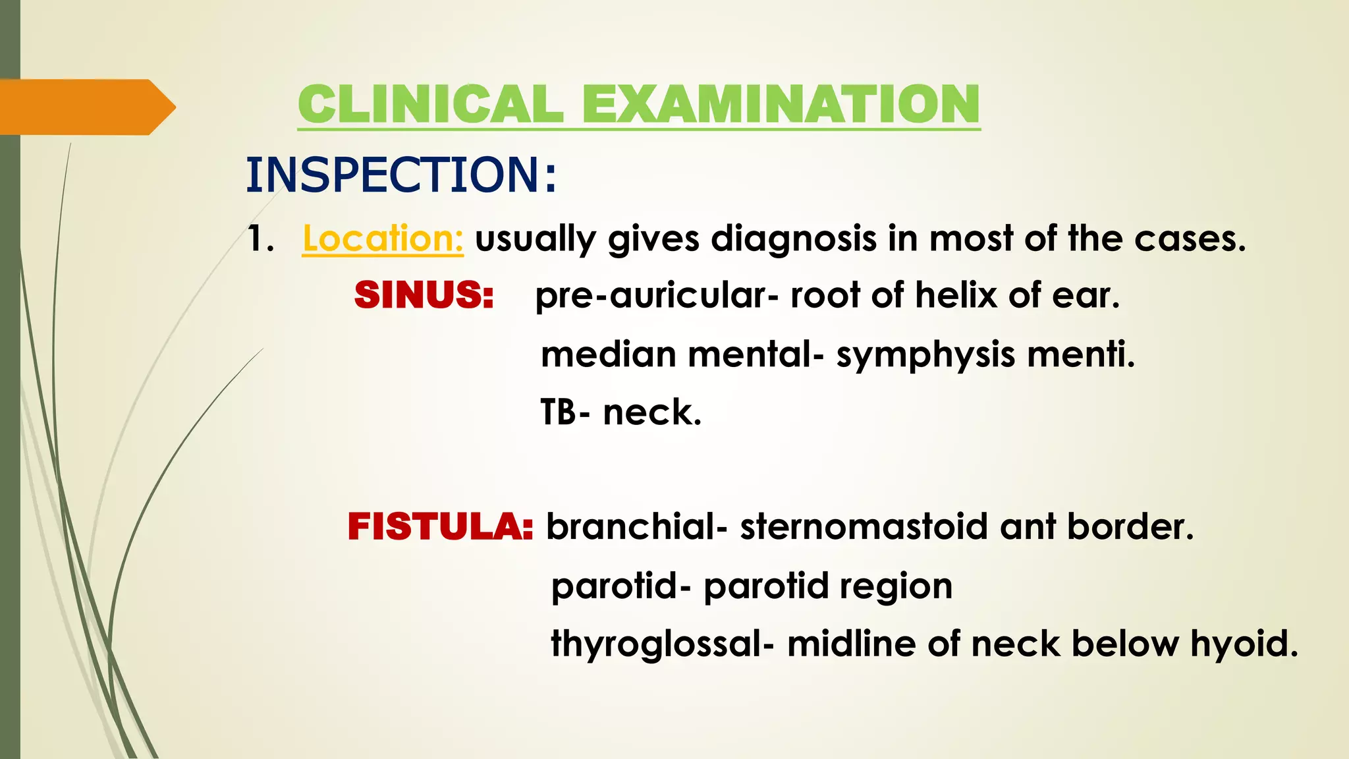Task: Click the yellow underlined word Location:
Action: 383,239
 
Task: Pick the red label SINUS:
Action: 424,295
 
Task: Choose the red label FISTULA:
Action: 440,526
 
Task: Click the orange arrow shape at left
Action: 86,107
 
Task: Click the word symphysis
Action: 925,355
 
